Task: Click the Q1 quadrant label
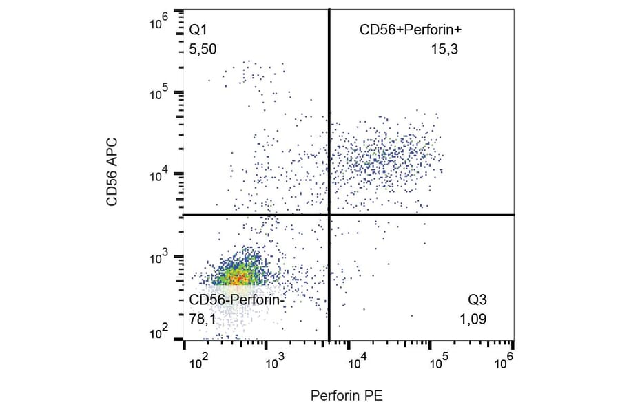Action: (198, 30)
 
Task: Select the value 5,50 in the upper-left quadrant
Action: (203, 50)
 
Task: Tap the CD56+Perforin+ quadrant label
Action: (411, 30)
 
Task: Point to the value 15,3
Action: (445, 50)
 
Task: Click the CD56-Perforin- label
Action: (236, 300)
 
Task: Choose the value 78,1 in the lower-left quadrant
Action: (203, 319)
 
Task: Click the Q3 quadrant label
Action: (477, 300)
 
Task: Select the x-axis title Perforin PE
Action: (347, 396)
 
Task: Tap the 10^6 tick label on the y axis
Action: (159, 22)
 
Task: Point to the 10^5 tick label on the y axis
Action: (159, 91)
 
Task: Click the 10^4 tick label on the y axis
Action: (159, 173)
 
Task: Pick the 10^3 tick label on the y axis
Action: (159, 255)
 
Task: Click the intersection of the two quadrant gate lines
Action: (329, 215)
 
